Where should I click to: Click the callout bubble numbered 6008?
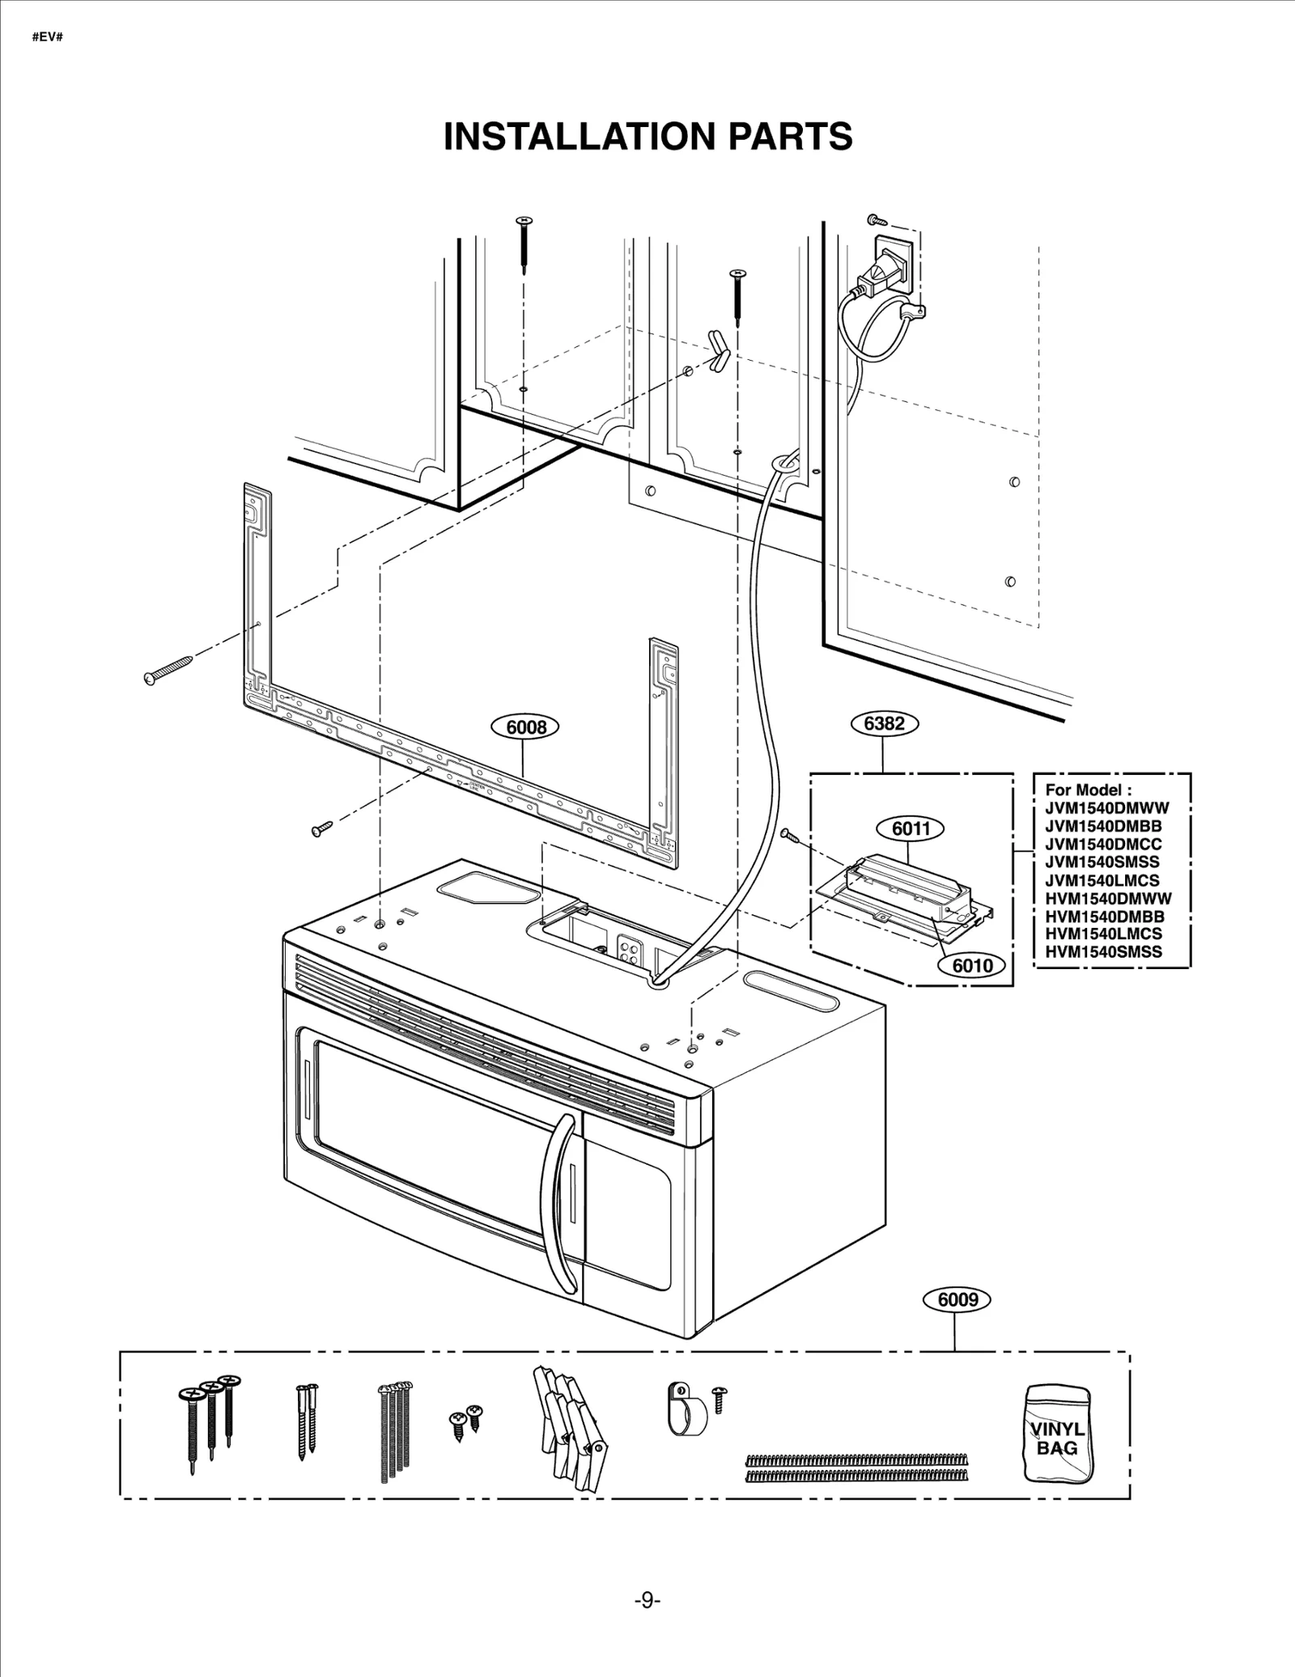pos(526,727)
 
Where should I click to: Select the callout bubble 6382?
pos(884,722)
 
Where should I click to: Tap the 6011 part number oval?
pos(911,828)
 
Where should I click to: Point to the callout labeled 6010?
pos(972,965)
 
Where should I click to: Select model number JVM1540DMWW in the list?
pos(1106,807)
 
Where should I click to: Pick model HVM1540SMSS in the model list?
pos(1103,951)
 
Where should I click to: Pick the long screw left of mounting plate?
pos(168,669)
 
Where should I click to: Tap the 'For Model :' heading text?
pos(1083,790)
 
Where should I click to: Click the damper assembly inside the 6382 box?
pos(906,892)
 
